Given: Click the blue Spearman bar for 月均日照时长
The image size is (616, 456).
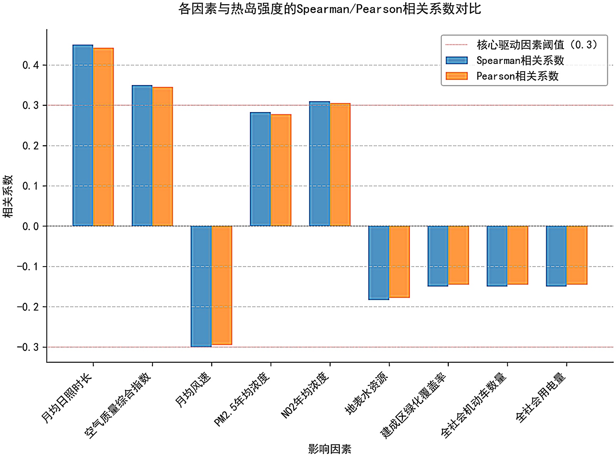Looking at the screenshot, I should coord(83,135).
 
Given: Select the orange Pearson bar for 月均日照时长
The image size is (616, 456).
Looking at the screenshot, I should coord(103,137).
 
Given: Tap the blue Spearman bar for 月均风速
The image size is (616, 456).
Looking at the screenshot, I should coord(201,286).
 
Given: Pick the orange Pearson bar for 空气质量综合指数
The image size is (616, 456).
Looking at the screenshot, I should coord(163,156).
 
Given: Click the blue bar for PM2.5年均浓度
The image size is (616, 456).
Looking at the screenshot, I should coord(260,169).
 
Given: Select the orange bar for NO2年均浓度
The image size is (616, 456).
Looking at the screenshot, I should coord(340,164).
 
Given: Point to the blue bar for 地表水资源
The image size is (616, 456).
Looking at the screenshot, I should coord(379,263).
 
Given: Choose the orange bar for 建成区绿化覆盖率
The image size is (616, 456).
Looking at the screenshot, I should coord(458,255).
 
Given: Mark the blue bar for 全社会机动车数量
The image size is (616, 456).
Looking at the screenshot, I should coord(497,256).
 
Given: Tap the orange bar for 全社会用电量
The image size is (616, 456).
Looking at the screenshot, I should coord(577,255).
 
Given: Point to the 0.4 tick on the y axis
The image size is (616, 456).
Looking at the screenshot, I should coord(30,65).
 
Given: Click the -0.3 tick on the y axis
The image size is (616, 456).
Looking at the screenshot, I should coord(28,347).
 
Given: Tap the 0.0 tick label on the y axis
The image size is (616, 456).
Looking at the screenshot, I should coord(30,226).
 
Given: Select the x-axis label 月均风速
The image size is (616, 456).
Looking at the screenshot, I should coord(193,390).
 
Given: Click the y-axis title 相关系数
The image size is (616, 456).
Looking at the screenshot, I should coord(8,196).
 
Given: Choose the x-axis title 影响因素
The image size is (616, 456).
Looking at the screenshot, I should coord(330,449).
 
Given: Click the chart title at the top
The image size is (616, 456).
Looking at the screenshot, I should coord(330,8).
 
